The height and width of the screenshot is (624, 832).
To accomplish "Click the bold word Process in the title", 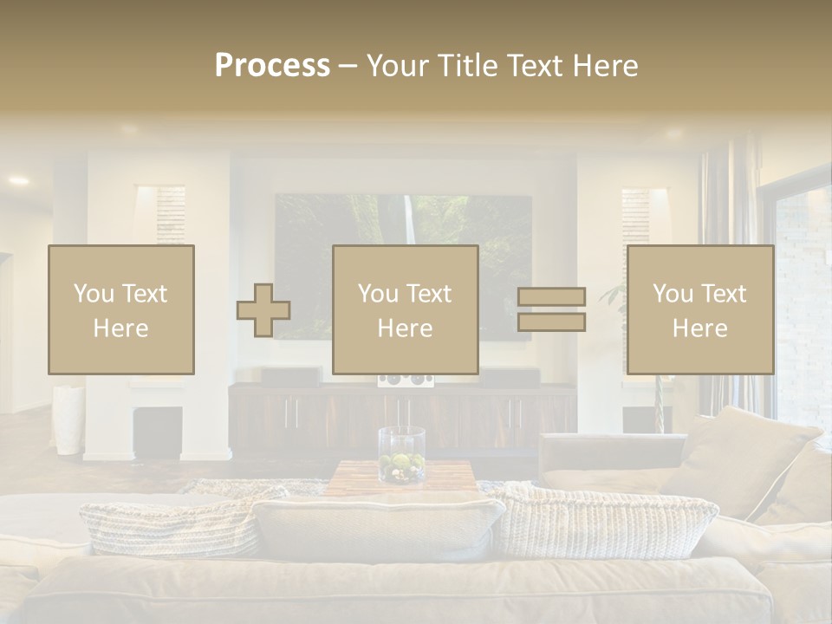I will pyautogui.click(x=272, y=65).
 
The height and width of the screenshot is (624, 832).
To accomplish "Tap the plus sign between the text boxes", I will pyautogui.click(x=263, y=310).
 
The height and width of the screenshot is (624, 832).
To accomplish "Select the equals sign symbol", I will pyautogui.click(x=551, y=309).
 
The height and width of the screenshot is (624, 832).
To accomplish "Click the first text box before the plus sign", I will pyautogui.click(x=121, y=310).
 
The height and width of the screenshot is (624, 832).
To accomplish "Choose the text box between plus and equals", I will pyautogui.click(x=406, y=310).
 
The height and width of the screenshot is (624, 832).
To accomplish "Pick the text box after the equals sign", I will pyautogui.click(x=700, y=310).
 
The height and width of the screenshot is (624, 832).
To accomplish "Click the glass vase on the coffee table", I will pyautogui.click(x=401, y=455).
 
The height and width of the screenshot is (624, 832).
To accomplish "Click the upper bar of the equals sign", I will pyautogui.click(x=551, y=297).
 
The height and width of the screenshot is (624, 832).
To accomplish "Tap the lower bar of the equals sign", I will pyautogui.click(x=551, y=322).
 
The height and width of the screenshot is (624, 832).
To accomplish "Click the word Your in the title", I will pyautogui.click(x=400, y=65).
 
